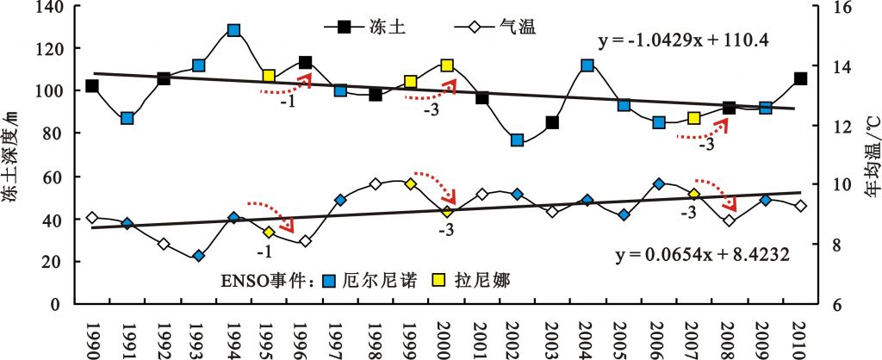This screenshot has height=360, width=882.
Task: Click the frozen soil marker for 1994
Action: click(233, 30)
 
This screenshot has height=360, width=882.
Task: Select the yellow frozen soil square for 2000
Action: click(447, 65)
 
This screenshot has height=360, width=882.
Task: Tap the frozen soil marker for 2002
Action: click(517, 140)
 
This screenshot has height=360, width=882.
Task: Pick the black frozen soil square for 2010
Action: click(800, 78)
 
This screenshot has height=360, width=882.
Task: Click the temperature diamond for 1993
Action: click(199, 256)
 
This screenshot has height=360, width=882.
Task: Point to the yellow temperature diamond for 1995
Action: click(269, 233)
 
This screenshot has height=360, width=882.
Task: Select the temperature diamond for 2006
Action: click(659, 183)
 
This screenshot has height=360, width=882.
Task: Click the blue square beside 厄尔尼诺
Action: click(328, 279)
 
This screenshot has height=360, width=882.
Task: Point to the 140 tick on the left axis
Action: click(52, 7)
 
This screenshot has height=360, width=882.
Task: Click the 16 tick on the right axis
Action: click(833, 7)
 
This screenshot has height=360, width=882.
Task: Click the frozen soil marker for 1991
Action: click(127, 118)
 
